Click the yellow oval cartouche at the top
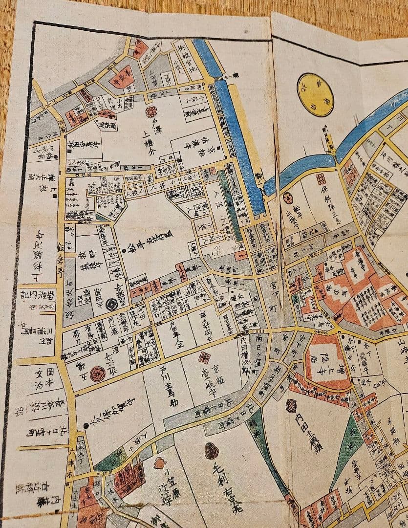[315, 88]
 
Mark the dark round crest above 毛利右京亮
[211, 450]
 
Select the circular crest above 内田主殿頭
[291, 406]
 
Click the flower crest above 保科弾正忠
[321, 178]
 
